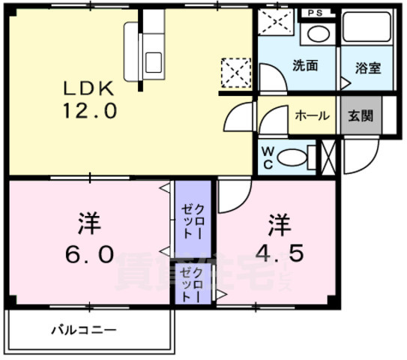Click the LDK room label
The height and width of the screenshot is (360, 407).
pos(88,88)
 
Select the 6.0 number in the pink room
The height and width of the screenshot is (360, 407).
pos(88,251)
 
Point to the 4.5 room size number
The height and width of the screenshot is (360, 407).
pos(279,253)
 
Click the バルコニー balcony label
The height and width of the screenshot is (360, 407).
pos(83,330)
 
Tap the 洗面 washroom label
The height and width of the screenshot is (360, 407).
pos(305,66)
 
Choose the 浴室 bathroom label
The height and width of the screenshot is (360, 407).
pos(367,67)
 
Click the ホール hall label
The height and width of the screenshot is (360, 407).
pos(311,115)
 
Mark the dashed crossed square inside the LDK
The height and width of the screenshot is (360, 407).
pos(233,72)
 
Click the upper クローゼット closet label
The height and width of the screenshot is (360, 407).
pos(193,218)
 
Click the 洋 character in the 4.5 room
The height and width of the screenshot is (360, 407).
pos(279,223)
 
